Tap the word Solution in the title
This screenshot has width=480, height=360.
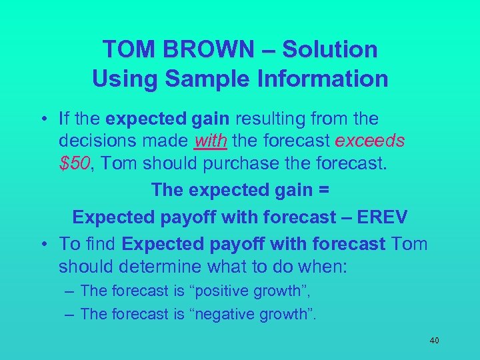[330, 49]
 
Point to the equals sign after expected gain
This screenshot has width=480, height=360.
[323, 190]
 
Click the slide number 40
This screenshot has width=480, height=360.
[434, 341]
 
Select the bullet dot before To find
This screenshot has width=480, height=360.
[43, 244]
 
